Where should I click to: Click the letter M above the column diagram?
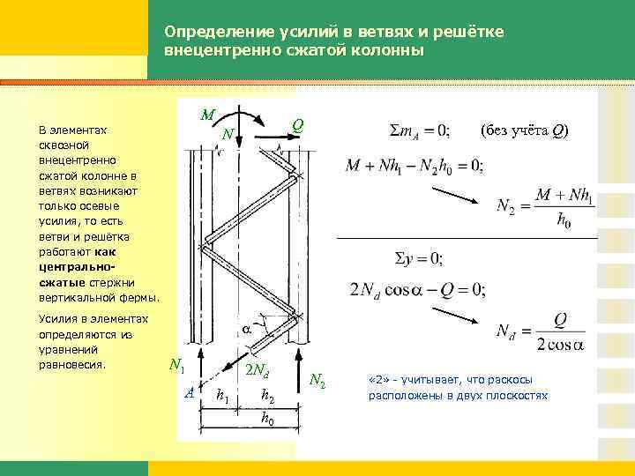pyautogui.click(x=206, y=115)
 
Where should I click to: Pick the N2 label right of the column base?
pyautogui.click(x=317, y=381)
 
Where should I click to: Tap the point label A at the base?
pyautogui.click(x=190, y=393)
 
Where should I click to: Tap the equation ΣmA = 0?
pyautogui.click(x=420, y=131)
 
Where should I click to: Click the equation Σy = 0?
pyautogui.click(x=417, y=258)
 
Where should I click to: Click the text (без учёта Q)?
pyautogui.click(x=525, y=131)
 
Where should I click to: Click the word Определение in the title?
pyautogui.click(x=209, y=32)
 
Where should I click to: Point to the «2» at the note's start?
pyautogui.click(x=378, y=380)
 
